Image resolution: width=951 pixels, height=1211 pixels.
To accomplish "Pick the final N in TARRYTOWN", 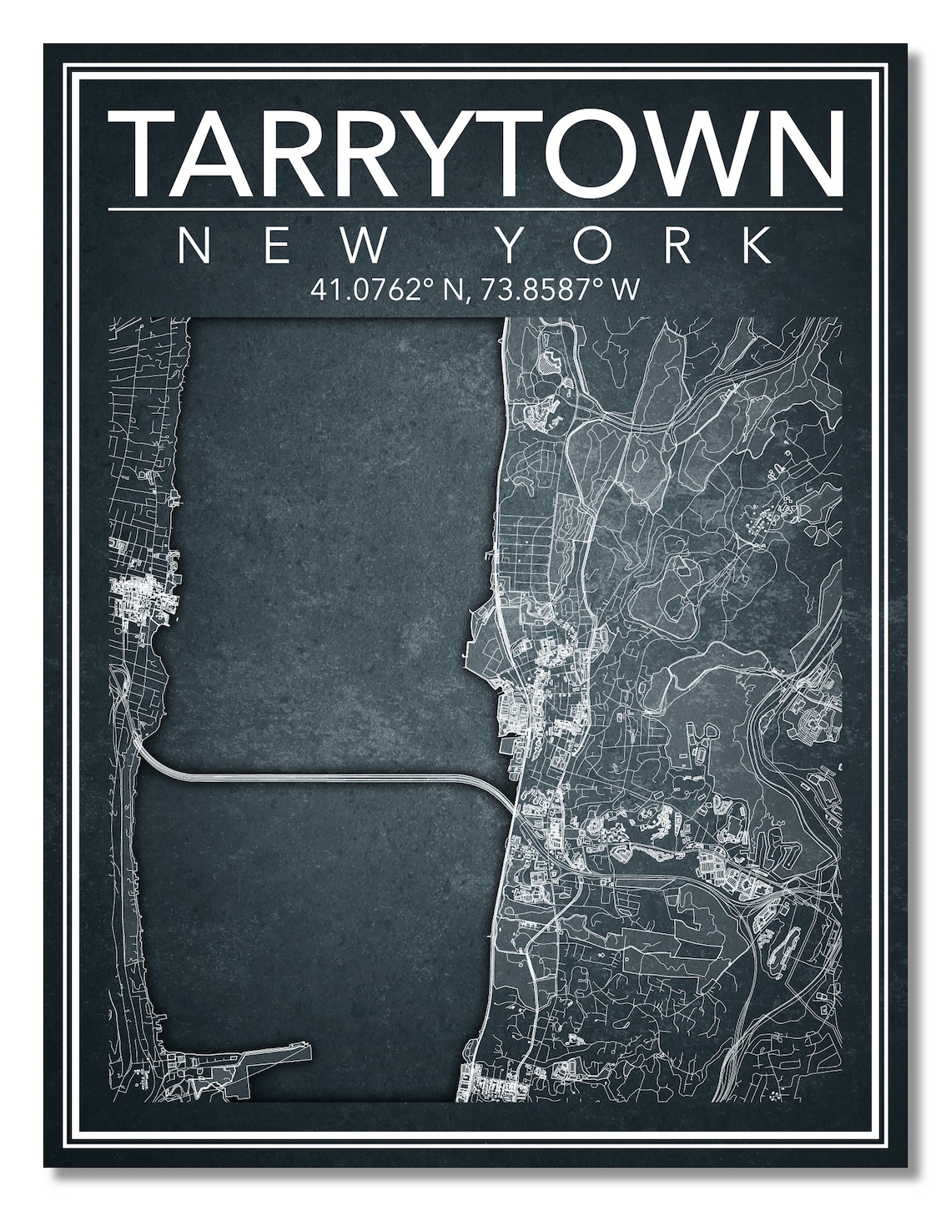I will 802,154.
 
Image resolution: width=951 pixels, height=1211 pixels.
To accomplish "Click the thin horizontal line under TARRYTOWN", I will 475,209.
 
